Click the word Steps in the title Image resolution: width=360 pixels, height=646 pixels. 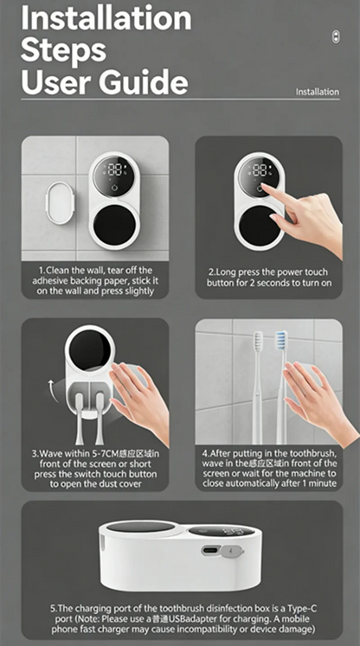(x=63, y=51)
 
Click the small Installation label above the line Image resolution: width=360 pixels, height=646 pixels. (x=317, y=92)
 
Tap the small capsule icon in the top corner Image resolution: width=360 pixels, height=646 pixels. (x=336, y=37)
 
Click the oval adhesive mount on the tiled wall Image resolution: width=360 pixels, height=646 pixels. (x=61, y=203)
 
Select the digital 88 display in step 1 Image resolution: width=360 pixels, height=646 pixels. (x=114, y=169)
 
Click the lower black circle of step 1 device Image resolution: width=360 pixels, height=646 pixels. (x=114, y=224)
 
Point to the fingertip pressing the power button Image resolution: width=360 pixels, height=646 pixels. (x=264, y=188)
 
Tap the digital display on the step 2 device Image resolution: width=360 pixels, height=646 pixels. (x=260, y=169)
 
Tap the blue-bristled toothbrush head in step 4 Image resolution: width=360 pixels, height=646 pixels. (x=281, y=341)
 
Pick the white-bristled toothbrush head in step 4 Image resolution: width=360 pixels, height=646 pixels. (x=258, y=341)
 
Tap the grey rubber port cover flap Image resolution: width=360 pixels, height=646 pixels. (x=231, y=551)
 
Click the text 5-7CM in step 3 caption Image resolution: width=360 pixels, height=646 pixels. (x=106, y=454)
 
